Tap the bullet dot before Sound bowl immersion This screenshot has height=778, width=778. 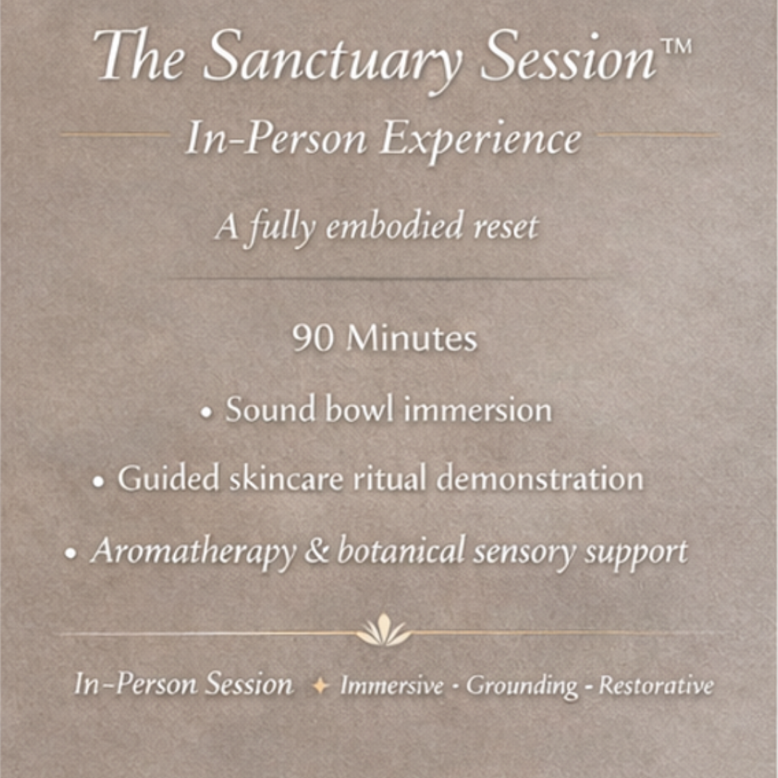click(208, 412)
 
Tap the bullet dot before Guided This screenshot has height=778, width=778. click(99, 482)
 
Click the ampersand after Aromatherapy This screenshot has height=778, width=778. click(316, 552)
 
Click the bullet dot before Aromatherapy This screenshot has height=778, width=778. click(70, 554)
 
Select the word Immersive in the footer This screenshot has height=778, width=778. click(392, 686)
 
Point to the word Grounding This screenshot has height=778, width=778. click(523, 686)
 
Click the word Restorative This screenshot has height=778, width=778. click(656, 686)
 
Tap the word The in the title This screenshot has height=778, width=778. click(138, 57)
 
